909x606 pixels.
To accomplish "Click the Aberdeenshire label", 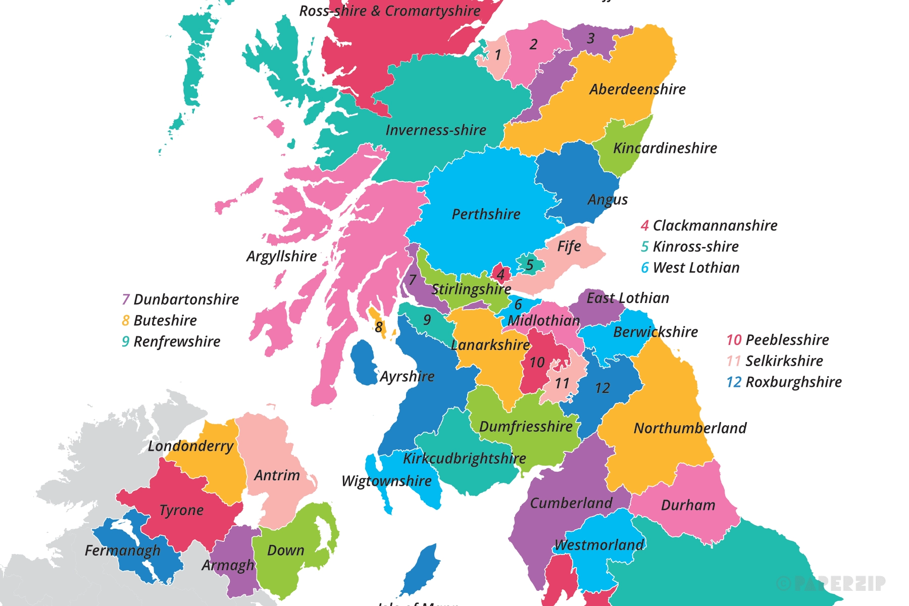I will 637,89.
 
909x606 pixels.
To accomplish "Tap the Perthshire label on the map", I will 486,214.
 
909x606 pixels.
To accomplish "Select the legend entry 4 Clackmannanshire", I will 709,226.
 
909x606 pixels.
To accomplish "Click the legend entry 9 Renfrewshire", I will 171,342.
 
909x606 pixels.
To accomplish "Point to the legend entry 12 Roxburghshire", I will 784,382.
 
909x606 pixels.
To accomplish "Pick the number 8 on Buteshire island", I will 379,328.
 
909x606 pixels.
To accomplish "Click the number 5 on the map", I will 529,265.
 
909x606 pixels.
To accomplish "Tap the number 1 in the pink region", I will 498,55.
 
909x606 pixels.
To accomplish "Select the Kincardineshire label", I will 665,148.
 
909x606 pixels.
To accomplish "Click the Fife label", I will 569,246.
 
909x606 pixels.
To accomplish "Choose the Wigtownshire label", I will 386,481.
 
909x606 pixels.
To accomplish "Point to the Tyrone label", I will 181,511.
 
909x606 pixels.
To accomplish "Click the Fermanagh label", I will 122,550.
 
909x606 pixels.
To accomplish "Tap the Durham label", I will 688,506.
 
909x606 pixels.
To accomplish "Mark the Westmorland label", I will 599,545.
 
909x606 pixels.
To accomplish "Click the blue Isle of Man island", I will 422,571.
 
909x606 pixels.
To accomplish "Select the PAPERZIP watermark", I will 830,583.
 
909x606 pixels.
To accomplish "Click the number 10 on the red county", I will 537,362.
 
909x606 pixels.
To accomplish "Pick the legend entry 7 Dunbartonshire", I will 180,299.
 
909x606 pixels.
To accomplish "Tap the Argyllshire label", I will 281,257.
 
